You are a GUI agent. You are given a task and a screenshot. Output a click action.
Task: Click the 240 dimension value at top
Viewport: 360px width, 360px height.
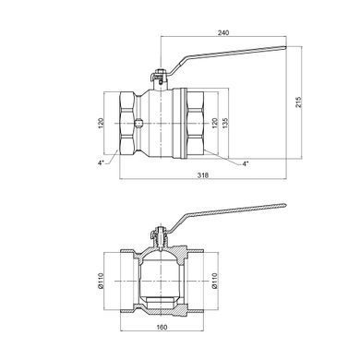(223, 33)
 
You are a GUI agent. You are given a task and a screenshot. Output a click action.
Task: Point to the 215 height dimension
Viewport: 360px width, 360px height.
(299, 102)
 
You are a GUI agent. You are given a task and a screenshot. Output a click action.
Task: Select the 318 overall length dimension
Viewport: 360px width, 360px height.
(203, 175)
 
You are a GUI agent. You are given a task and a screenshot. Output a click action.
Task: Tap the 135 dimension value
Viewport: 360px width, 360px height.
(225, 123)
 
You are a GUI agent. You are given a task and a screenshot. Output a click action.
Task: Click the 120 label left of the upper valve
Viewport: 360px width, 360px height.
(102, 123)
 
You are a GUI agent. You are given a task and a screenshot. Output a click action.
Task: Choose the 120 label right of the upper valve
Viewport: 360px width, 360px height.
(215, 123)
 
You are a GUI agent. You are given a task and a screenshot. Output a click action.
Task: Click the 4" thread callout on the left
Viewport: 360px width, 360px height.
(102, 163)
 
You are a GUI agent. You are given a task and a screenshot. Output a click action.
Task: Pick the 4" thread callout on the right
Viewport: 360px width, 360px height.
(246, 163)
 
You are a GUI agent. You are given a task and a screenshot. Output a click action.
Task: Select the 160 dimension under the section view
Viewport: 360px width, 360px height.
(162, 327)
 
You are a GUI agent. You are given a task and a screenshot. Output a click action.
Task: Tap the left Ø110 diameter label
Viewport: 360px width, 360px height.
(102, 281)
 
